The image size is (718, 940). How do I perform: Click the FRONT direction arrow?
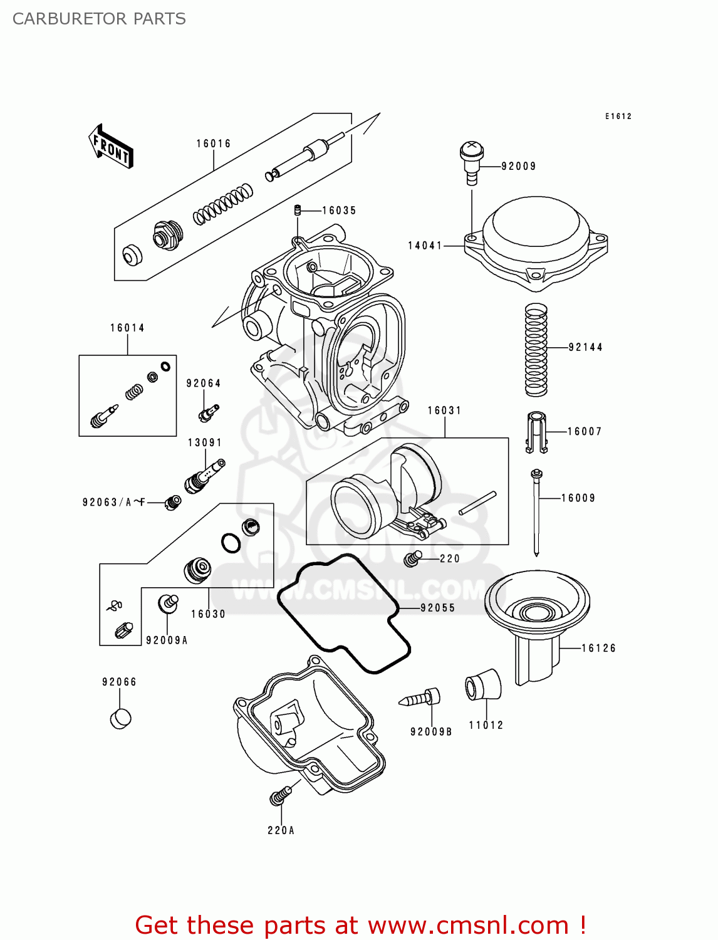click(111, 146)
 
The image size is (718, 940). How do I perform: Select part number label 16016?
click(214, 144)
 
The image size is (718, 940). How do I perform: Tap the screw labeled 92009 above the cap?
click(472, 161)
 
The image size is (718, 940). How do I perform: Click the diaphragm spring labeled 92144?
click(536, 350)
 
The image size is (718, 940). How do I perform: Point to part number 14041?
click(425, 246)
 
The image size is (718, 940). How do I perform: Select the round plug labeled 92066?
click(120, 718)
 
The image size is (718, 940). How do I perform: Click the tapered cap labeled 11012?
click(483, 685)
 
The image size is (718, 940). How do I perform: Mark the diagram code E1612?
click(618, 116)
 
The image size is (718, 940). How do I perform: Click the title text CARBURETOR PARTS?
click(99, 19)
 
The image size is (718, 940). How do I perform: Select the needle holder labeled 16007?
click(536, 432)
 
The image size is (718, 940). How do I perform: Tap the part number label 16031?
click(444, 410)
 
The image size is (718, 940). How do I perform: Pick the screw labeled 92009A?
click(167, 603)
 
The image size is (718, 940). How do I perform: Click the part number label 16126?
click(598, 648)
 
